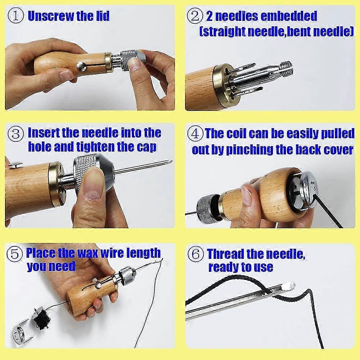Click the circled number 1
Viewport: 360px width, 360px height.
(15, 15)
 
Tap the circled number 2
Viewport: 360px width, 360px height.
(195, 15)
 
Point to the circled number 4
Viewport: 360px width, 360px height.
(195, 134)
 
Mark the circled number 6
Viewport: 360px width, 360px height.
(195, 254)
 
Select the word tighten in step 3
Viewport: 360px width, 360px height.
(95, 147)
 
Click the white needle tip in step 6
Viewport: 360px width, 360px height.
(290, 285)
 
